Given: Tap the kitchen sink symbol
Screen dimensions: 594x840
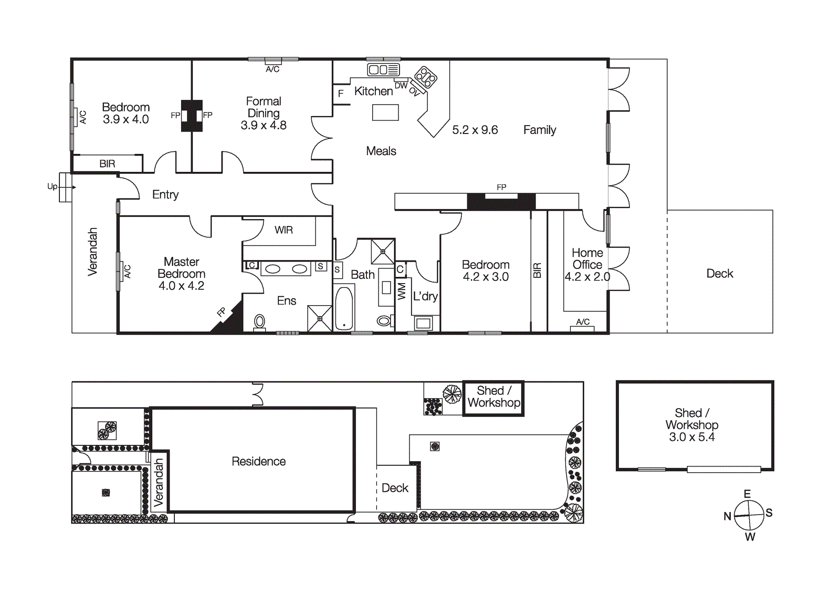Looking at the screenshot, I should tap(383, 70).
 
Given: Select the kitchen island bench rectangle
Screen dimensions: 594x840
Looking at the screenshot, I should tap(385, 112).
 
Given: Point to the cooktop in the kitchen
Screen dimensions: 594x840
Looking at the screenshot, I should tap(426, 77).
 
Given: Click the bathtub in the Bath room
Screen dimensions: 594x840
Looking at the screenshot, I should tap(344, 308).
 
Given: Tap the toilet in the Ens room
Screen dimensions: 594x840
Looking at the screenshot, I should tap(259, 321).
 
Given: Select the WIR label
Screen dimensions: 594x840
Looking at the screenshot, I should tap(283, 230).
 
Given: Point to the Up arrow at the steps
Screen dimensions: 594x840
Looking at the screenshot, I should tap(67, 187).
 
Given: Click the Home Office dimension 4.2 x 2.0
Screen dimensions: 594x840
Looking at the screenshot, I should tap(587, 277).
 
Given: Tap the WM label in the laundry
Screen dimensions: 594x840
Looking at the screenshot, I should tap(402, 291).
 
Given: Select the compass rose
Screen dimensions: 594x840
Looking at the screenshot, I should tap(749, 515).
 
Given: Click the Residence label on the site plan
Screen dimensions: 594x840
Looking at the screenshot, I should tap(259, 461).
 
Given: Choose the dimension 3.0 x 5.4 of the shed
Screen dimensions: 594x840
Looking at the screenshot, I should tap(691, 437).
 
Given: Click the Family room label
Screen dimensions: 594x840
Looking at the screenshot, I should tap(539, 130).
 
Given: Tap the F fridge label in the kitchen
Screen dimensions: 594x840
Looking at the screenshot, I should tap(341, 93).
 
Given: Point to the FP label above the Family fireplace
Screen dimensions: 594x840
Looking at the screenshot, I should tap(501, 187).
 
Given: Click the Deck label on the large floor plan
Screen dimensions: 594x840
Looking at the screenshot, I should tap(719, 273).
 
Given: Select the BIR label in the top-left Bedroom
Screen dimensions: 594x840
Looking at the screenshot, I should tap(107, 164).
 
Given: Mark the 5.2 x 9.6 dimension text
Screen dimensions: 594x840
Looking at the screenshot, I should tap(475, 130).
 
